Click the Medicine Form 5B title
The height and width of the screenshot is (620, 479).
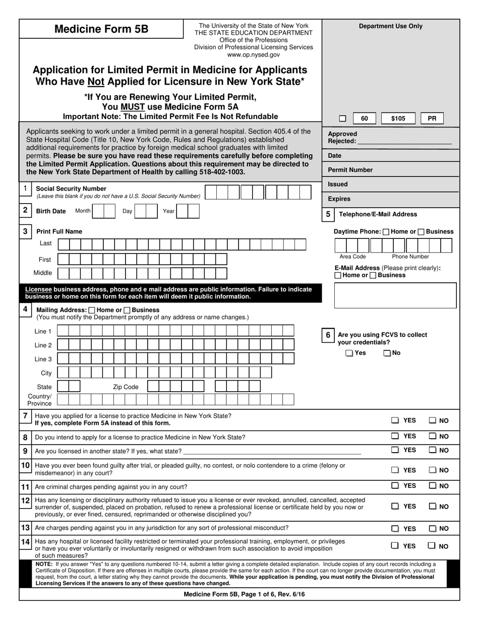tap(101, 29)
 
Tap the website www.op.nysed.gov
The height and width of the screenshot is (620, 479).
tap(253, 54)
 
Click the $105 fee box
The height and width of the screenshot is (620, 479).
tap(398, 119)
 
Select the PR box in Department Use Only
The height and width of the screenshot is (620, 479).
tap(432, 119)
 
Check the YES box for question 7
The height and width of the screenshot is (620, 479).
tap(395, 420)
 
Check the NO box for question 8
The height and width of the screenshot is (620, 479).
tap(433, 436)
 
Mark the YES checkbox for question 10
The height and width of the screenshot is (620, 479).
tap(395, 470)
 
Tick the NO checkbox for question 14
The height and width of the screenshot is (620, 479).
tap(432, 545)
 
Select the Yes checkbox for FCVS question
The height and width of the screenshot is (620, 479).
tap(349, 353)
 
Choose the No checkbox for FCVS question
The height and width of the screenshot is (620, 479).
tap(387, 353)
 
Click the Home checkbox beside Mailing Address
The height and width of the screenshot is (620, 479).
tap(91, 311)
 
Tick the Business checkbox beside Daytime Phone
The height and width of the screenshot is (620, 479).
tap(421, 232)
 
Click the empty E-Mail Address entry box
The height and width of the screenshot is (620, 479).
tap(395, 295)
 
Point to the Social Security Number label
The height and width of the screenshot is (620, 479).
tap(71, 189)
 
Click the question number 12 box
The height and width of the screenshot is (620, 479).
tap(25, 501)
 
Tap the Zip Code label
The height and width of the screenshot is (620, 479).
tap(126, 387)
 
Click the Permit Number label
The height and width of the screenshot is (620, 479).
tap(350, 170)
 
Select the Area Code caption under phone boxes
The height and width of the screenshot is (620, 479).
tap(352, 257)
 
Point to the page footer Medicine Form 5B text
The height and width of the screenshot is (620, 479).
tap(244, 594)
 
